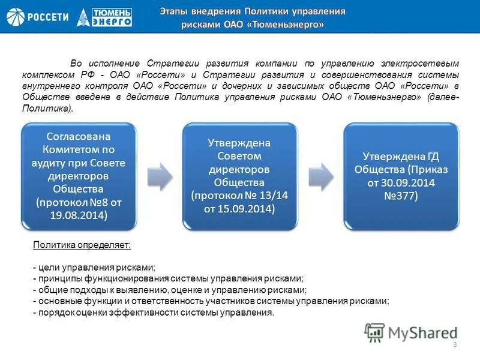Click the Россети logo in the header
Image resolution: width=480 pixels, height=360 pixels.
click(x=37, y=17)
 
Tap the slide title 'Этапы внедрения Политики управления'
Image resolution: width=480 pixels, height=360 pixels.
click(x=252, y=11)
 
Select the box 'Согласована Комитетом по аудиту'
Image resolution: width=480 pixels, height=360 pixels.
click(x=80, y=177)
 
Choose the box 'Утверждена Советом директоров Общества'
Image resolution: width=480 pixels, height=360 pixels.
click(x=239, y=176)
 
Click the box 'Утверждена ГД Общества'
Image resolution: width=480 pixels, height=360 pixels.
click(x=400, y=176)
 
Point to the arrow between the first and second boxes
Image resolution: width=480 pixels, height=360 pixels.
click(x=160, y=175)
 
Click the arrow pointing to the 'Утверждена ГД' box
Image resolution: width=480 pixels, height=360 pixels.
click(x=320, y=175)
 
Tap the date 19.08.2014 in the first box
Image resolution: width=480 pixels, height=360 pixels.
click(x=80, y=215)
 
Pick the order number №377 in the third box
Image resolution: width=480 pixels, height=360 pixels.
click(x=400, y=196)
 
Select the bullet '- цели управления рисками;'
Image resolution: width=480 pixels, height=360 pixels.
click(x=94, y=268)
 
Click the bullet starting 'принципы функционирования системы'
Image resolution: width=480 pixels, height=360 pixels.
click(x=169, y=279)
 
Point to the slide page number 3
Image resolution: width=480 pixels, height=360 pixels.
click(x=455, y=345)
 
